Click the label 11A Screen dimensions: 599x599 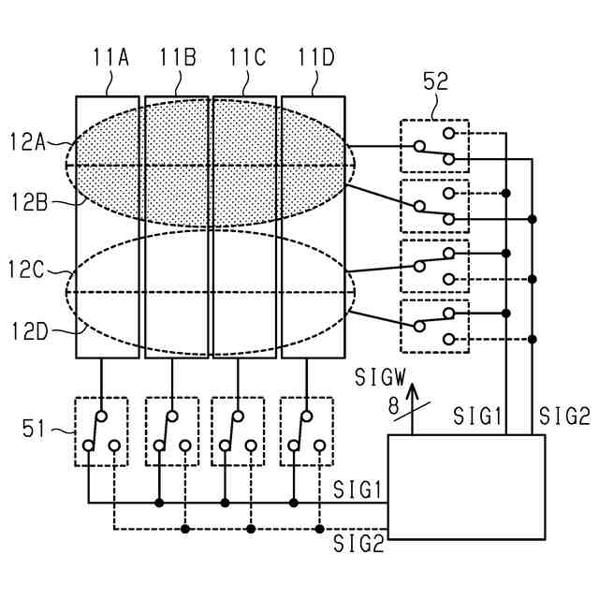[x=110, y=58]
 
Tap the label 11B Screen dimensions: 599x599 [x=178, y=58]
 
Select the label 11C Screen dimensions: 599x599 [x=247, y=58]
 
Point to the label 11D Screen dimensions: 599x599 [x=315, y=58]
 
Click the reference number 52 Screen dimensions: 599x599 [x=436, y=81]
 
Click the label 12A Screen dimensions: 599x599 [x=28, y=141]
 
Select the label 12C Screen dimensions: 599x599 [x=29, y=272]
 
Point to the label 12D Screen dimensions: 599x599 [x=29, y=329]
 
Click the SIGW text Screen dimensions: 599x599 [x=381, y=377]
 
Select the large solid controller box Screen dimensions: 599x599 [x=466, y=487]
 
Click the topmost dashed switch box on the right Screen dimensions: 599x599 [x=433, y=146]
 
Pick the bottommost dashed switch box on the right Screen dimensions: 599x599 [x=433, y=326]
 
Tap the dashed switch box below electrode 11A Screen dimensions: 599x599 [x=101, y=431]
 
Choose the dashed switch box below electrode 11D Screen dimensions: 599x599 [x=307, y=431]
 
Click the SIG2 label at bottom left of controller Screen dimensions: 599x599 [x=358, y=543]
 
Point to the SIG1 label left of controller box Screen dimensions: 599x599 [x=358, y=489]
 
